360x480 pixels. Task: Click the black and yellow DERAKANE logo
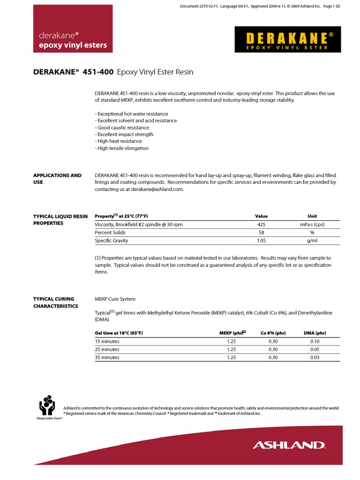(287, 39)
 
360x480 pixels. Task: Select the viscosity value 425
(262, 225)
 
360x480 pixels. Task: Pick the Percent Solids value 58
(262, 232)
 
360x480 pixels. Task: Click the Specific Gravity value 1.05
(262, 240)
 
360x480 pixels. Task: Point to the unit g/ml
(312, 240)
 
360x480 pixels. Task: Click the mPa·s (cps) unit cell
(312, 225)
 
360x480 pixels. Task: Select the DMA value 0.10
(315, 341)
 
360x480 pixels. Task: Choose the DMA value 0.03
(315, 357)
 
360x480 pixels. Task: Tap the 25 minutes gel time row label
(107, 349)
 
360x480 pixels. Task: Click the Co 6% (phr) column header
(273, 333)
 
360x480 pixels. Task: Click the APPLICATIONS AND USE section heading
(57, 179)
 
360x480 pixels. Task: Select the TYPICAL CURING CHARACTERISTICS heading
(55, 302)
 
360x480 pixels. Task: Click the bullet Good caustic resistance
(122, 127)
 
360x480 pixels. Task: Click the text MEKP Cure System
(115, 299)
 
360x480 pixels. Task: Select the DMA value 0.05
(315, 349)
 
